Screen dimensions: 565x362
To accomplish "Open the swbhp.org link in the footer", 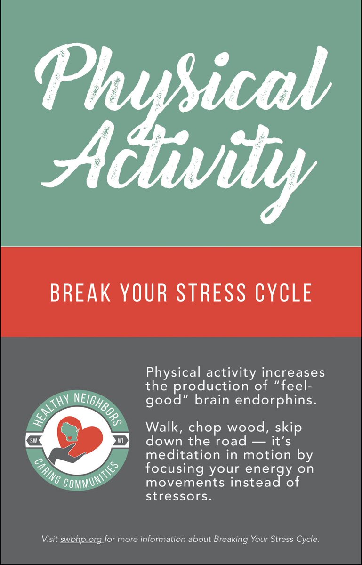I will (x=81, y=539).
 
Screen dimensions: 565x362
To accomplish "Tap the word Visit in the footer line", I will (x=50, y=539).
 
